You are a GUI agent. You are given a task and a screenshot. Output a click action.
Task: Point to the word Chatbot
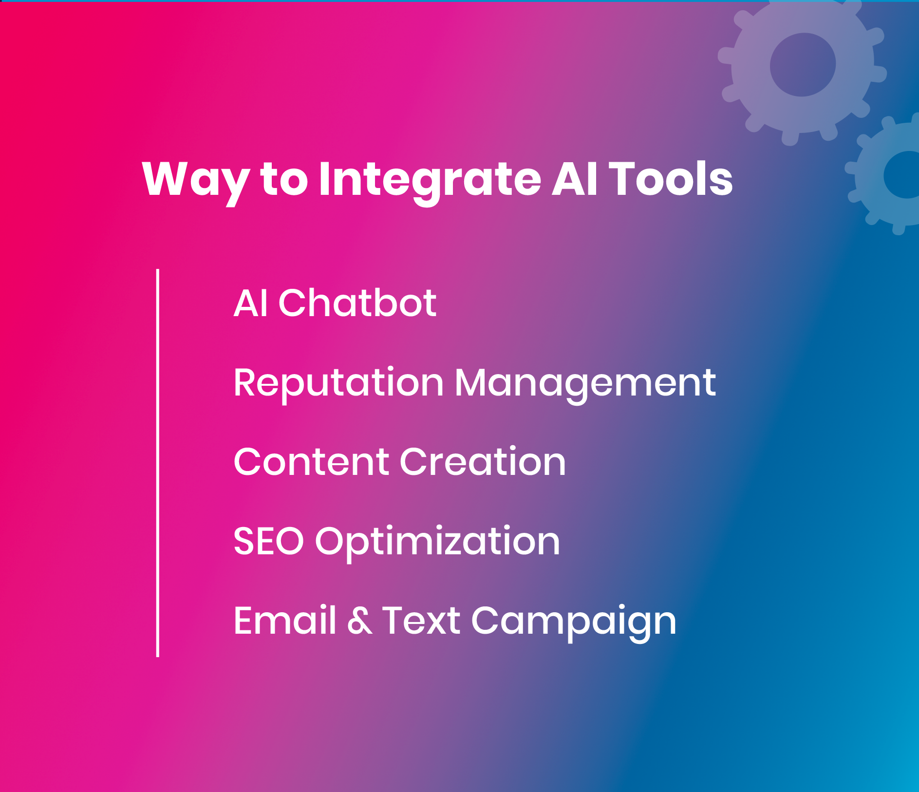pos(357,302)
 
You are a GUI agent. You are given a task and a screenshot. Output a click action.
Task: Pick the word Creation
pos(483,461)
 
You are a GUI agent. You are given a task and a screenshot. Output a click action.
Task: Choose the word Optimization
pos(438,544)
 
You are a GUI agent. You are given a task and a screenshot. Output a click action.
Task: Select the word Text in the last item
pos(421,621)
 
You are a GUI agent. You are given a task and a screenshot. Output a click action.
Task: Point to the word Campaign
pos(574,623)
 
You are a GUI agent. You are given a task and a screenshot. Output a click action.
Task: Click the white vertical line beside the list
pos(158,463)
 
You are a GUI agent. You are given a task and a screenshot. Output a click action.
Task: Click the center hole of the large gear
pos(803,64)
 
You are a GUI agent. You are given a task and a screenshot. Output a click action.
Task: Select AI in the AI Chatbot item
pos(250,303)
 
